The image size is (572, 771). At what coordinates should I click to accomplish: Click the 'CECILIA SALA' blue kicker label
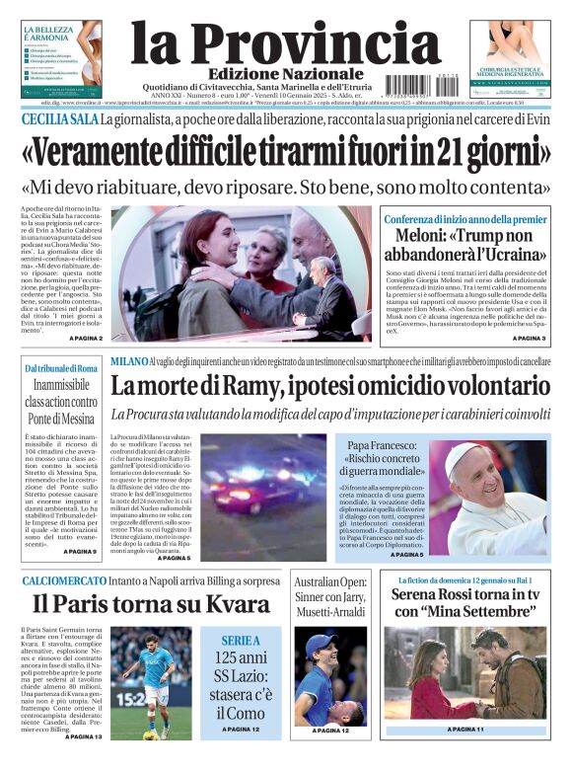[x=60, y=119]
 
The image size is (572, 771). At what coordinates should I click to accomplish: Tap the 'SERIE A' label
[x=241, y=641]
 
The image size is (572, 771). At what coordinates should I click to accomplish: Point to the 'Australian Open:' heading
[x=330, y=582]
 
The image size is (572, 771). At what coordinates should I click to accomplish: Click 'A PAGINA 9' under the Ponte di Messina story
[x=81, y=551]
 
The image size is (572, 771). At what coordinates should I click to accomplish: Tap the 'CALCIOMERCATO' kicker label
[x=64, y=580]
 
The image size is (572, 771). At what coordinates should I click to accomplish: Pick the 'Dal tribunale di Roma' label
[x=61, y=368]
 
